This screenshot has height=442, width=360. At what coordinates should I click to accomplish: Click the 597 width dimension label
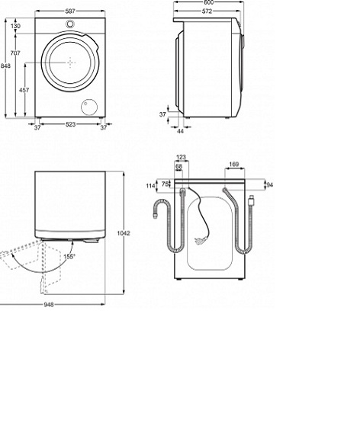pos(70,11)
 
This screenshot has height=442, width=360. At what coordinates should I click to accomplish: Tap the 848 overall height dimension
pos(5,66)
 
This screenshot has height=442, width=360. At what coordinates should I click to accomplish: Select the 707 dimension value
pos(15,53)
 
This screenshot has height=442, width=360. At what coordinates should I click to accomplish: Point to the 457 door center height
pos(24,90)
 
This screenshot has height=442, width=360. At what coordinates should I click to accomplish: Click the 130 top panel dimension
pos(15,26)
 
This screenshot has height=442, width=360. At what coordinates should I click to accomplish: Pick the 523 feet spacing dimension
pos(70,124)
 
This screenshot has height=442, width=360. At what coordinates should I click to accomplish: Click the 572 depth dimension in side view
pos(207,11)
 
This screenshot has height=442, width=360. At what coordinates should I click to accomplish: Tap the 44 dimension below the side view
pos(180,131)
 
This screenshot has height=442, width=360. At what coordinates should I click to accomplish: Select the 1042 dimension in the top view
pos(124,233)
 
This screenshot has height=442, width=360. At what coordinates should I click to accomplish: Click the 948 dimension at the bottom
pos(49,304)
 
